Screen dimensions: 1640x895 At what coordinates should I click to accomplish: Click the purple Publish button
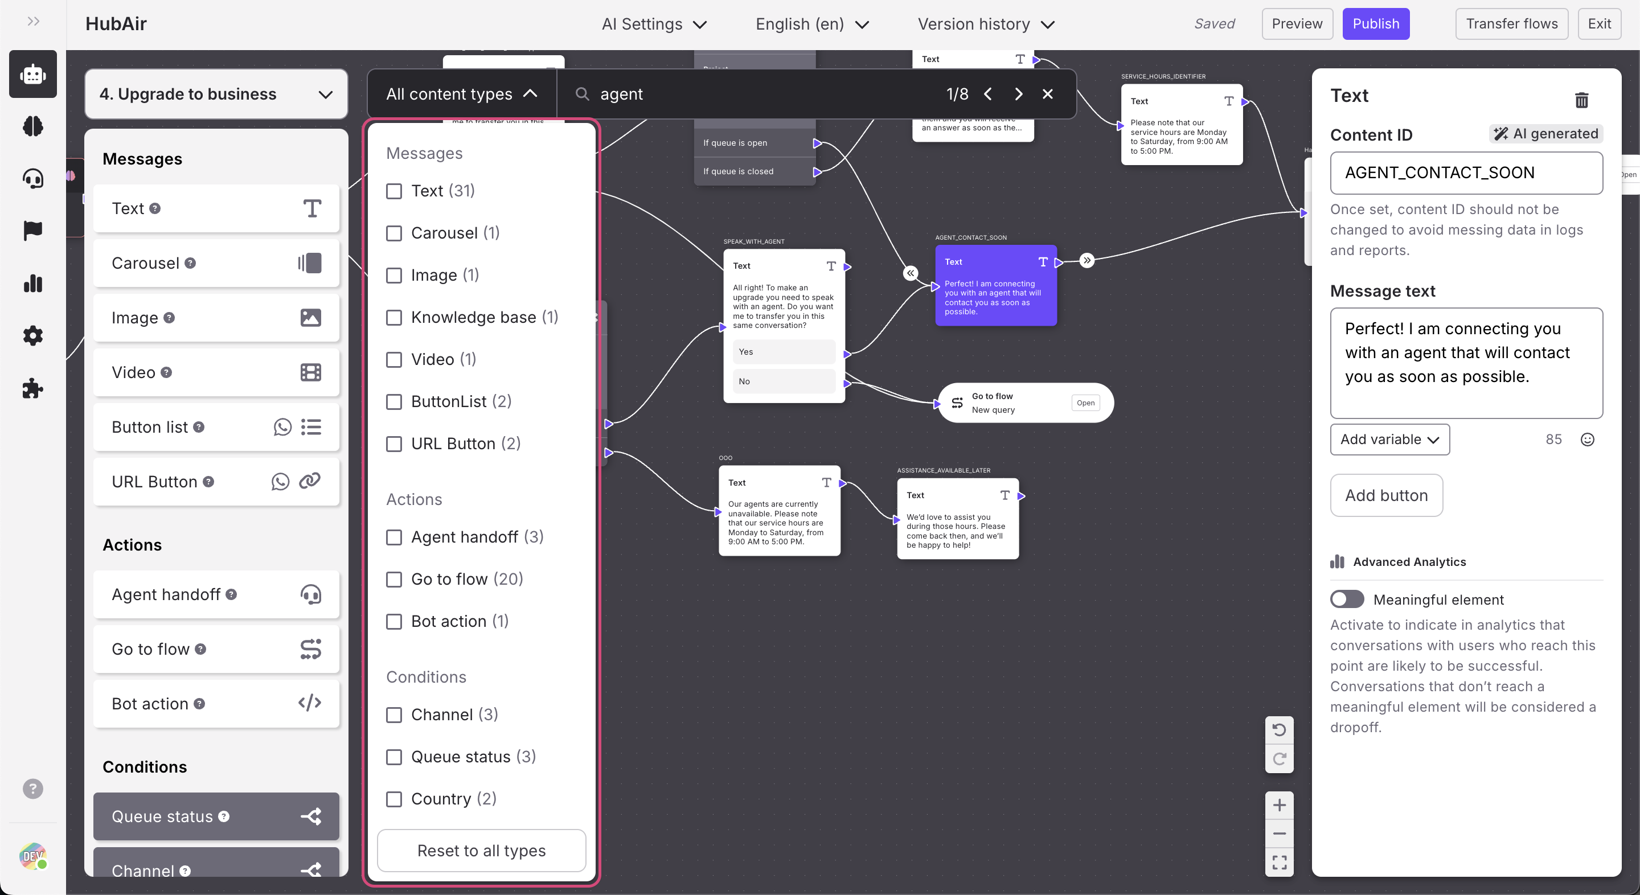tap(1375, 24)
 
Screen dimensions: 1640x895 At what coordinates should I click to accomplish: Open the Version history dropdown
tap(986, 24)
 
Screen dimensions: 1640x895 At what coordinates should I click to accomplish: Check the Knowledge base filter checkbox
tap(394, 318)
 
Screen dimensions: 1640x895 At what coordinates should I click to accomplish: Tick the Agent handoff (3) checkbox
tap(394, 537)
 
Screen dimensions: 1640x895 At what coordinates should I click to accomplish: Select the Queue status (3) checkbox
tap(394, 757)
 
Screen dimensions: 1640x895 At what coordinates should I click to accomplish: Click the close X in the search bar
tap(1047, 94)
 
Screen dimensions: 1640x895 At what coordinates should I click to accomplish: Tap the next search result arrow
tap(1018, 94)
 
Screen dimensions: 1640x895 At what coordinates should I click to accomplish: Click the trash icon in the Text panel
tap(1581, 100)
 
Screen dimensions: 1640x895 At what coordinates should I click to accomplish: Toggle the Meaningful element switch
tap(1347, 599)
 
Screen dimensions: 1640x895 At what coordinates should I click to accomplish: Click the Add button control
tap(1386, 495)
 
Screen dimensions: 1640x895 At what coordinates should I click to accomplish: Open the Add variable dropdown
tap(1389, 439)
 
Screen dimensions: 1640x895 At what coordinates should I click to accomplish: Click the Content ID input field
tap(1466, 173)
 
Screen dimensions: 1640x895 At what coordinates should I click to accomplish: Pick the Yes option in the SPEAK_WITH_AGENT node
tap(784, 352)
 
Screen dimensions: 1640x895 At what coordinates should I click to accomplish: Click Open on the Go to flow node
tap(1085, 403)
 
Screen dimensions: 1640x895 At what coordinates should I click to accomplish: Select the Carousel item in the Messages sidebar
tap(216, 263)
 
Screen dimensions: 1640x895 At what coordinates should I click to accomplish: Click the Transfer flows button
tap(1511, 24)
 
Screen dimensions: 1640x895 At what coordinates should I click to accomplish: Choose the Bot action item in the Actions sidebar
tap(216, 703)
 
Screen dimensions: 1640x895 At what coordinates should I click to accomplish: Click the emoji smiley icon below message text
tap(1587, 439)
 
